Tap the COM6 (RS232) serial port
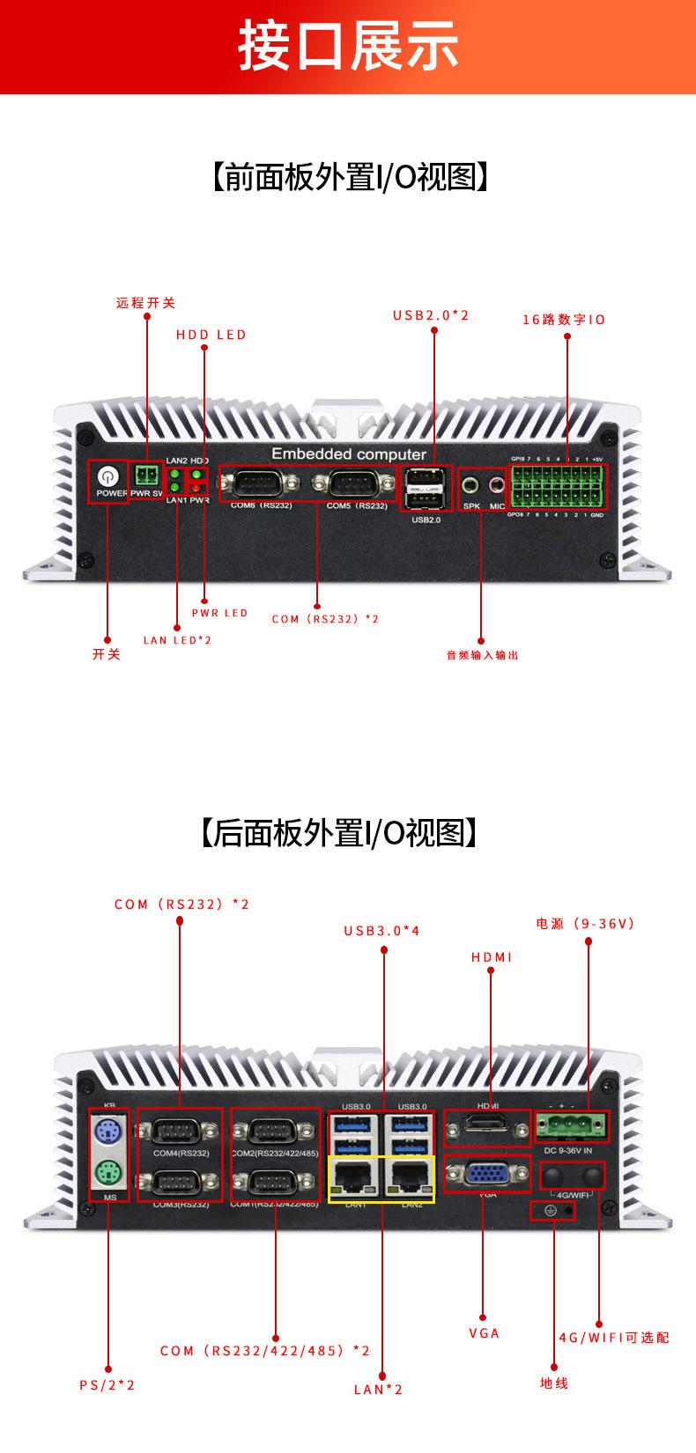pyautogui.click(x=258, y=483)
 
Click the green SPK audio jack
pyautogui.click(x=471, y=483)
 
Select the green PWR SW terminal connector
pyautogui.click(x=146, y=476)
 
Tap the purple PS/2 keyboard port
pyautogui.click(x=108, y=1130)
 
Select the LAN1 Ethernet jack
pyautogui.click(x=355, y=1177)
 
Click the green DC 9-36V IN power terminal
pyautogui.click(x=570, y=1125)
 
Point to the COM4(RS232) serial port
pyautogui.click(x=180, y=1131)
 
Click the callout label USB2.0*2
pyautogui.click(x=431, y=315)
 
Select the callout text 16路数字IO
pyautogui.click(x=564, y=320)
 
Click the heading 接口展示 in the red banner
pyautogui.click(x=348, y=46)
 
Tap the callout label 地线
pyautogui.click(x=554, y=1383)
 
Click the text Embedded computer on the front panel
pyautogui.click(x=348, y=454)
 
